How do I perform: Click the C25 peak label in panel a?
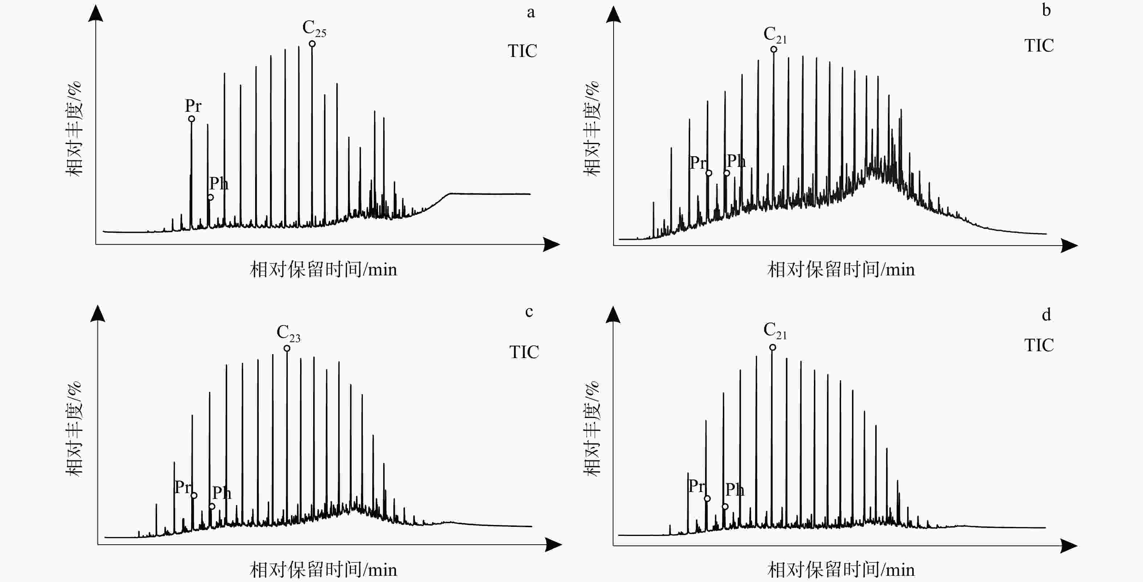pyautogui.click(x=314, y=28)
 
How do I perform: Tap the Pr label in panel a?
pyautogui.click(x=193, y=106)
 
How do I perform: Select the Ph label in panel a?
pyautogui.click(x=219, y=183)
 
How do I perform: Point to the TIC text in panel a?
pyautogui.click(x=522, y=51)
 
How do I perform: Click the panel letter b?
pyautogui.click(x=1046, y=10)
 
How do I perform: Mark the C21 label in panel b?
pyautogui.click(x=775, y=34)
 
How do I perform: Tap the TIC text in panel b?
pyautogui.click(x=1039, y=46)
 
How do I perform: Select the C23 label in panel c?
pyautogui.click(x=288, y=333)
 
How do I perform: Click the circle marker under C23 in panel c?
pyautogui.click(x=287, y=348)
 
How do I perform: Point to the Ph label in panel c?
pyautogui.click(x=221, y=492)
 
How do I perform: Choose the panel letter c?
pyautogui.click(x=529, y=311)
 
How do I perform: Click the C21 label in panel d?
pyautogui.click(x=775, y=331)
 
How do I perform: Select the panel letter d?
pyautogui.click(x=1046, y=315)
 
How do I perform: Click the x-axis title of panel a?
pyautogui.click(x=323, y=269)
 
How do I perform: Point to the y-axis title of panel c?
pyautogui.click(x=74, y=429)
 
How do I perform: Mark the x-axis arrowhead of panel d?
pyautogui.click(x=1069, y=546)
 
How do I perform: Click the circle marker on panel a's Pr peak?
pyautogui.click(x=192, y=119)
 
